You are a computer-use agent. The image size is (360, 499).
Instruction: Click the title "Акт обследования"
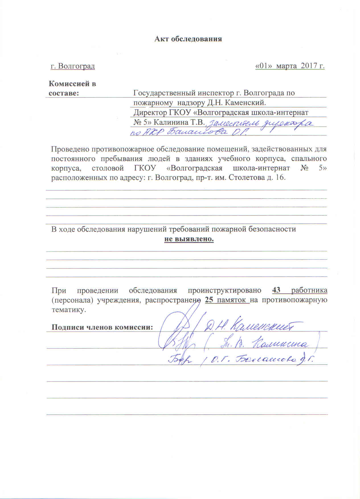[188, 39]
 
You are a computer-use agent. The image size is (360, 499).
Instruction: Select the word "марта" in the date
[287, 66]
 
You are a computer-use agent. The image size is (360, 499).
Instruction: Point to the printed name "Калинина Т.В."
[179, 122]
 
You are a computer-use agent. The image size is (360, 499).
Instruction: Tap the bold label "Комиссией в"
[72, 84]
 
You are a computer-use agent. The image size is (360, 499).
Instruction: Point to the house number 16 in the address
[280, 178]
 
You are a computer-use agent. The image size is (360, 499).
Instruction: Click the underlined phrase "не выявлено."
[189, 239]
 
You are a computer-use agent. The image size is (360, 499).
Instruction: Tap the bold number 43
[276, 290]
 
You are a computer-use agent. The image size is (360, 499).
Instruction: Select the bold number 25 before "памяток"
[209, 300]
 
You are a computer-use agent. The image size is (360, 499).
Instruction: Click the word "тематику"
[68, 310]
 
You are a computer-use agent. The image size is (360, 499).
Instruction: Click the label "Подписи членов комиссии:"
[102, 327]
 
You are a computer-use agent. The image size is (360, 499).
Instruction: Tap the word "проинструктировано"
[224, 291]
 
